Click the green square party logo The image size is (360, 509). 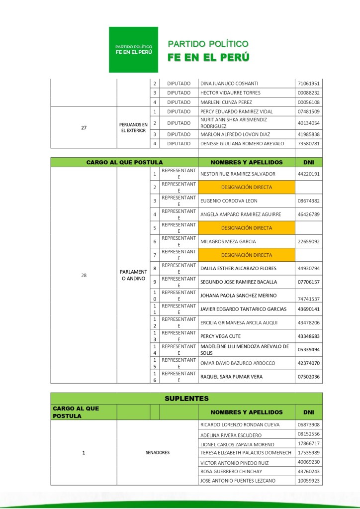[x=133, y=50]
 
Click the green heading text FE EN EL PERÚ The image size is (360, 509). [x=208, y=57]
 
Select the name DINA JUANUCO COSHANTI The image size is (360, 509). [x=229, y=83]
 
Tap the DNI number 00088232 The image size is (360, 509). [x=308, y=93]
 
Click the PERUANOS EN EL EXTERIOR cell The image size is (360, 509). [x=134, y=127]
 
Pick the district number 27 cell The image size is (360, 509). [x=84, y=127]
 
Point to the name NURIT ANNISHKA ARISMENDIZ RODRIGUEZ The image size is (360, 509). [x=234, y=123]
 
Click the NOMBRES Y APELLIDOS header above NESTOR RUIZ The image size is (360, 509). [x=246, y=162]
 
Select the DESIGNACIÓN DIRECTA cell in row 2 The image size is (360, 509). [x=246, y=188]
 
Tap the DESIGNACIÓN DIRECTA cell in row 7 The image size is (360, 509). [x=246, y=255]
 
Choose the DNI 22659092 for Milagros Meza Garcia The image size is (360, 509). [x=308, y=242]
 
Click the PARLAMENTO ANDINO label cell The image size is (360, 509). [x=134, y=275]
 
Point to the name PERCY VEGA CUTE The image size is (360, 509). [x=220, y=336]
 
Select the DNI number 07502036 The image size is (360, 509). [x=308, y=377]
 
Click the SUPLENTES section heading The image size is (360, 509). [x=186, y=399]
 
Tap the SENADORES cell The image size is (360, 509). [x=158, y=453]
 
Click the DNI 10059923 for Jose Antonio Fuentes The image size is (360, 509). [x=308, y=481]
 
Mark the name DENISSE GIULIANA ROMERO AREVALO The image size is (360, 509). [x=242, y=144]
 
